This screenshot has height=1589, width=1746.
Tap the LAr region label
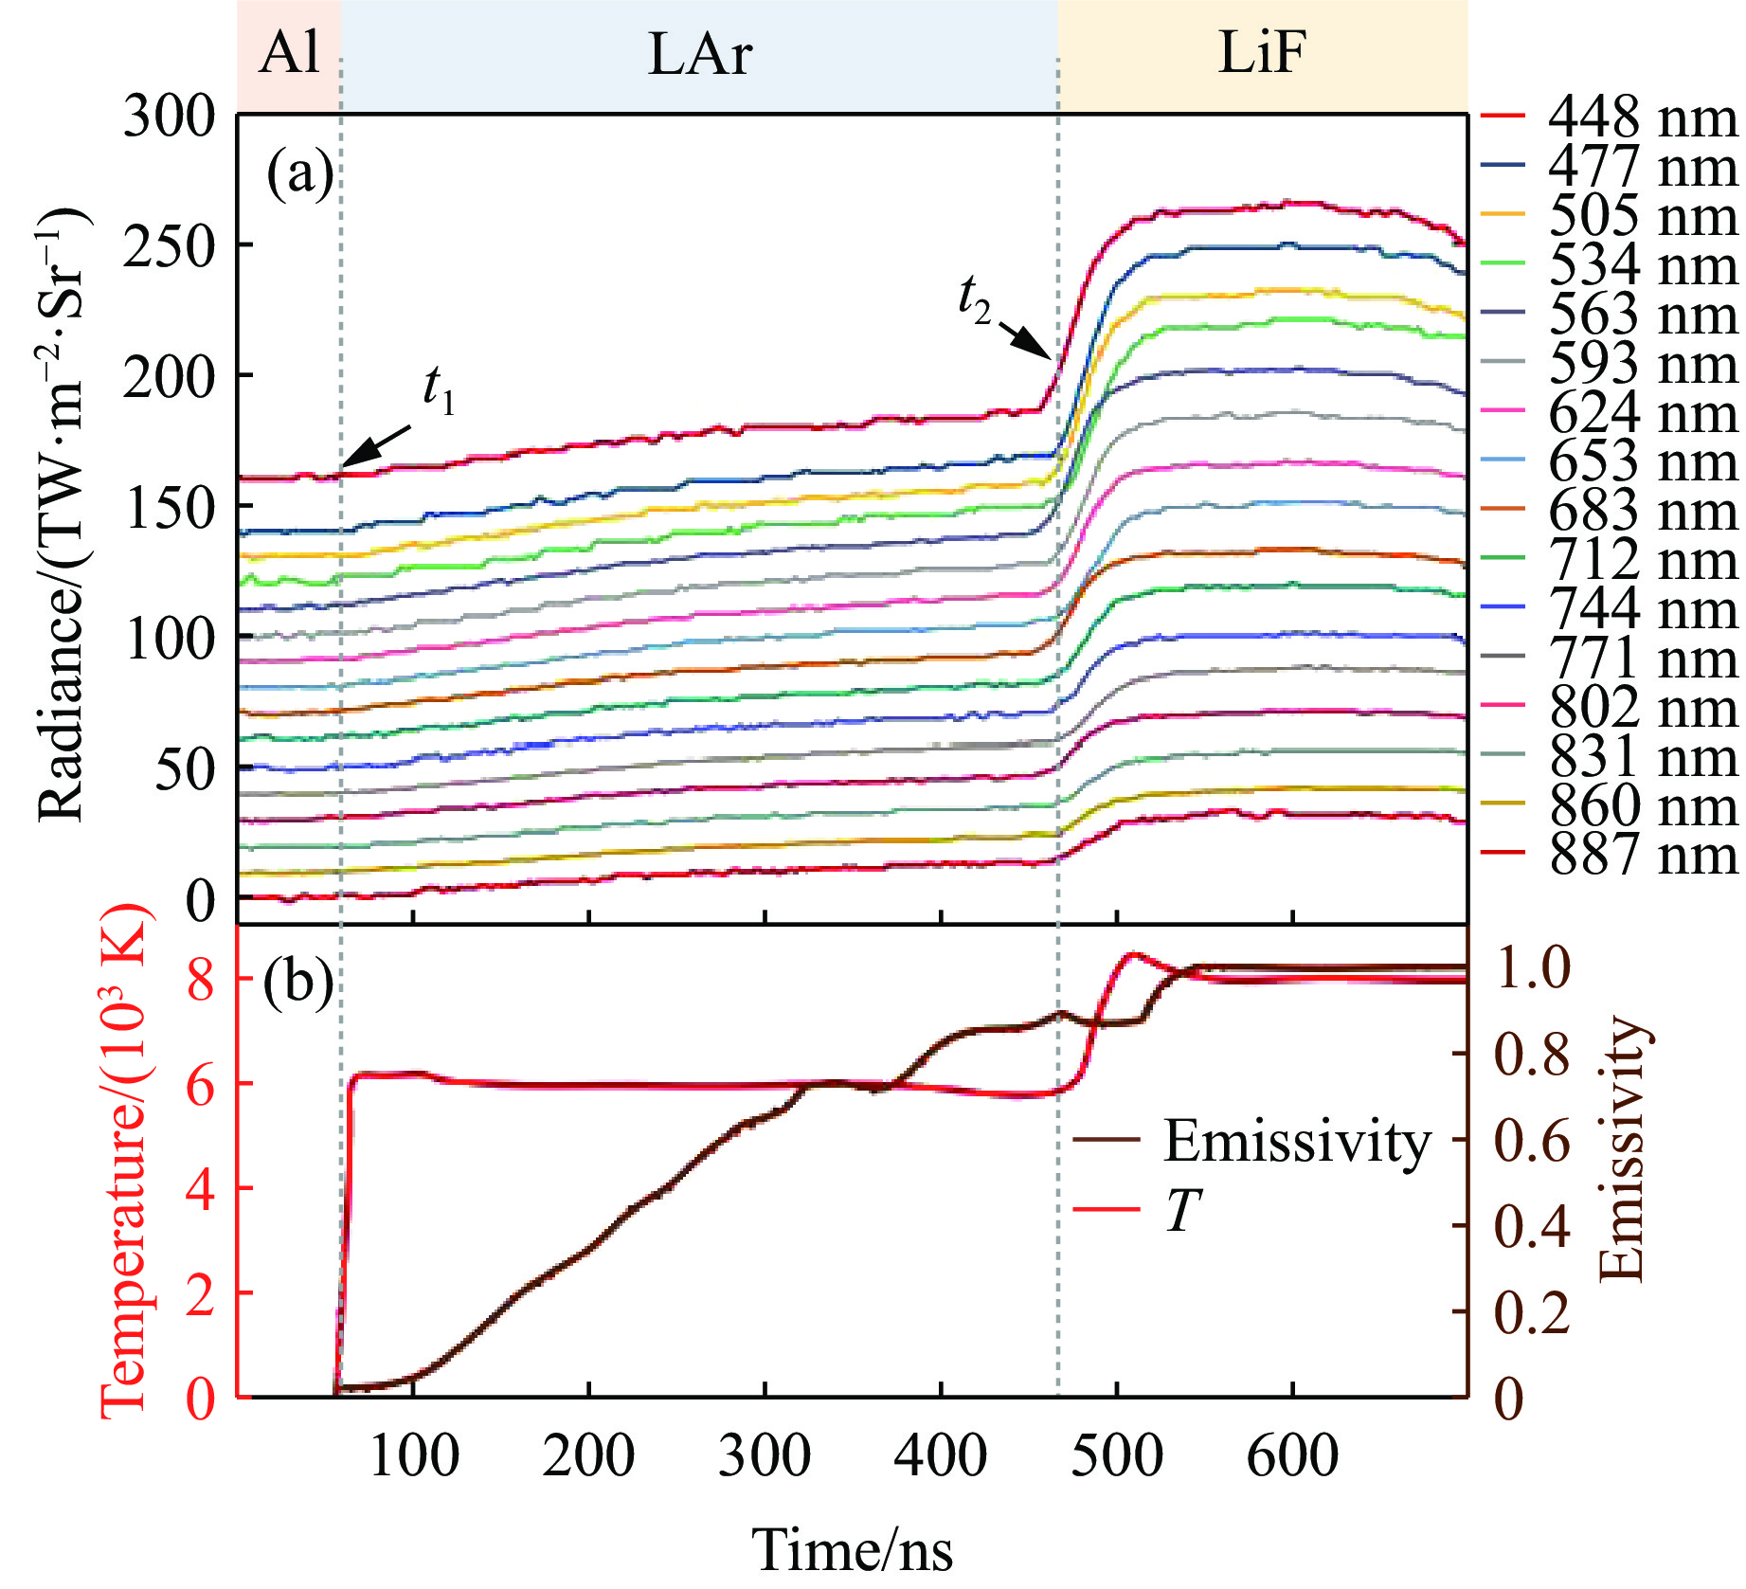point(699,54)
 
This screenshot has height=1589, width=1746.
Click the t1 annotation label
point(439,389)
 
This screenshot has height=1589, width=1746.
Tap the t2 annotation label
point(974,300)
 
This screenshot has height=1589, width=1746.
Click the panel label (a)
point(299,174)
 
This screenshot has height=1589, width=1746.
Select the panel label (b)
point(298,983)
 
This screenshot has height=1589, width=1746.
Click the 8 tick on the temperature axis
point(201,979)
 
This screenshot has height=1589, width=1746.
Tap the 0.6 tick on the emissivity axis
point(1532,1140)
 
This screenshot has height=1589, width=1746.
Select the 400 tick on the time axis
point(940,1455)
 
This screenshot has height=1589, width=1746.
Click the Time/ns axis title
point(853,1550)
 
